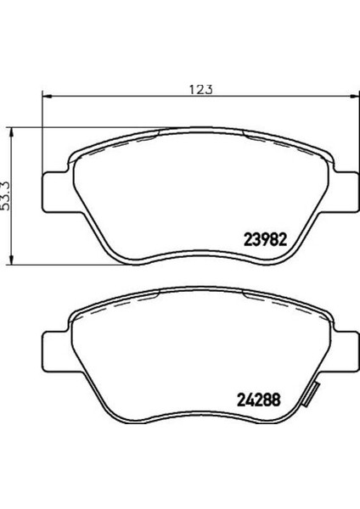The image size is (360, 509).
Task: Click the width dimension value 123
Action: (x=201, y=89)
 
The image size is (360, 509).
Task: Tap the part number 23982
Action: (x=266, y=240)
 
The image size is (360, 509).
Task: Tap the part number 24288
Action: (x=259, y=400)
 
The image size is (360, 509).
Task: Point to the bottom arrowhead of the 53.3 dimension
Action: (x=11, y=260)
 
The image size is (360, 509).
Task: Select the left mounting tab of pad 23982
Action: (x=55, y=193)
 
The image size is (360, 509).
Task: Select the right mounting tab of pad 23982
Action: (x=346, y=193)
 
